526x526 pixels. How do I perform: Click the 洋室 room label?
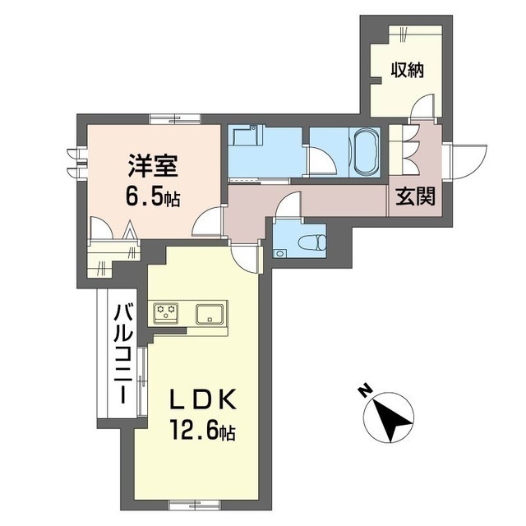[x=152, y=164]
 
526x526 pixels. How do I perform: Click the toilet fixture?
[x=311, y=242]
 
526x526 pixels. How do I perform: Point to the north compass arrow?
[x=390, y=419]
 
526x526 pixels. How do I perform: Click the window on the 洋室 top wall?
[x=173, y=118]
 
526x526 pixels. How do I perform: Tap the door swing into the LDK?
[x=245, y=257]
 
